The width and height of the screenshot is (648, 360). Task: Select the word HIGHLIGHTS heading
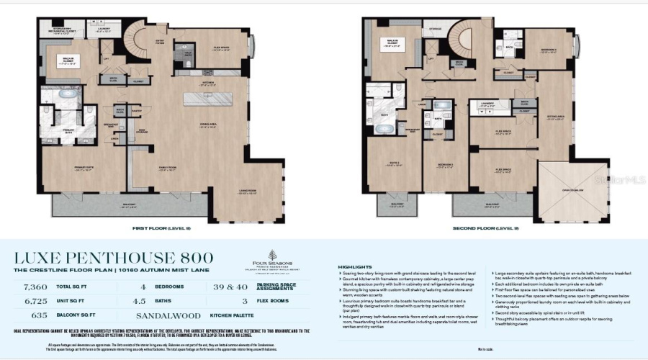[x=351, y=267]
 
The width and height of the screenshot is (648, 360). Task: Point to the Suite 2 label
[x=395, y=164]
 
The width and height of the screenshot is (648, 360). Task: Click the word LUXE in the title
[x=40, y=257]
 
